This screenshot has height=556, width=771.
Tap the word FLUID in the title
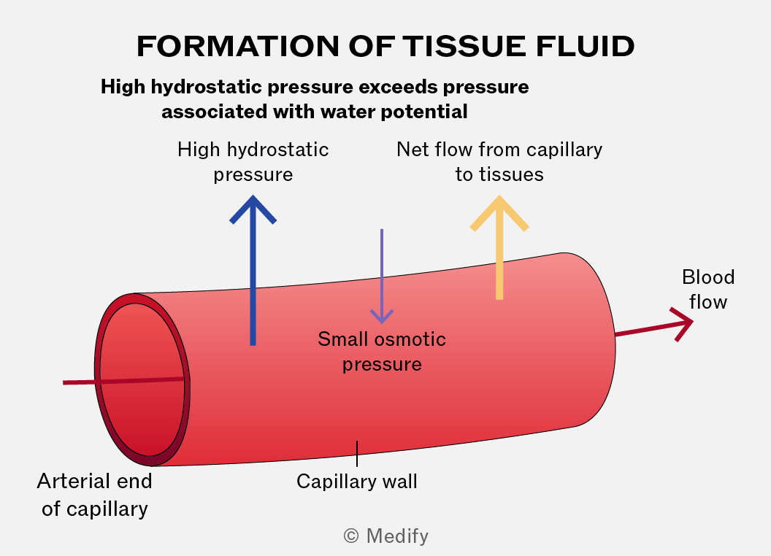[585, 46]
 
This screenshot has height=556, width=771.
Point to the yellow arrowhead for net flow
[499, 212]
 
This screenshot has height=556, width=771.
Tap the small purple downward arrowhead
[382, 316]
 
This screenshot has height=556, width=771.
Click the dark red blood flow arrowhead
[682, 324]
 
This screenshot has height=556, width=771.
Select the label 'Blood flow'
[708, 290]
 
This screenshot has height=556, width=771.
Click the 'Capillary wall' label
[357, 482]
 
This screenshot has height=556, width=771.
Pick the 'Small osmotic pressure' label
[382, 352]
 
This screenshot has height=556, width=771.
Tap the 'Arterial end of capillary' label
[94, 495]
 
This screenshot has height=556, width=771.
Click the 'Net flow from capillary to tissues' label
[499, 162]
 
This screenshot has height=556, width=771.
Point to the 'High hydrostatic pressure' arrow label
[253, 162]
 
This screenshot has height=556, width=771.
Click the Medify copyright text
[386, 536]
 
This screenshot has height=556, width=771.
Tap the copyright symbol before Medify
[351, 536]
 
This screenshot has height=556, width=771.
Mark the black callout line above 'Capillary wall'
[357, 454]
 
